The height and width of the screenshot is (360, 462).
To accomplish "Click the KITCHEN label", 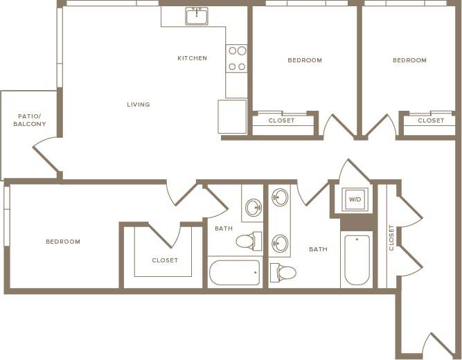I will click(192, 58).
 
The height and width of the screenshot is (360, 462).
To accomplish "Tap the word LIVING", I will click(139, 105).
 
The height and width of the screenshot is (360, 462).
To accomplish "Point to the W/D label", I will click(355, 199).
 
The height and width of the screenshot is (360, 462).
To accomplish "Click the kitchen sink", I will click(197, 16).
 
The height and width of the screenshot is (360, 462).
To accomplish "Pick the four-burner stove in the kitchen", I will click(237, 59).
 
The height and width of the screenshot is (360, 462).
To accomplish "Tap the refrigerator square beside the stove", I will click(232, 116).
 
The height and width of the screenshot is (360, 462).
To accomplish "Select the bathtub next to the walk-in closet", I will click(235, 272).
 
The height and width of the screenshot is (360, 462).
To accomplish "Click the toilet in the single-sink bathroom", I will click(247, 241).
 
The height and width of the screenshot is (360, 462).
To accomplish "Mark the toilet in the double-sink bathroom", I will click(284, 273).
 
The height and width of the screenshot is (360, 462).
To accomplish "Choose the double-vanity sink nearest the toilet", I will click(280, 243).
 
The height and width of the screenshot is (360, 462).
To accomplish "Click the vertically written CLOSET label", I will click(391, 237).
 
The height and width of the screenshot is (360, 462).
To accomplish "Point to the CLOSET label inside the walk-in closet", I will click(165, 260).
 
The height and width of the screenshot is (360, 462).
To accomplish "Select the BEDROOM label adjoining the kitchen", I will click(305, 60).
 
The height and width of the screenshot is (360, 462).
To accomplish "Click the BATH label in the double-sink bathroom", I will click(318, 249).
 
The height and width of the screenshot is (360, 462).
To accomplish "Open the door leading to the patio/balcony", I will click(46, 156).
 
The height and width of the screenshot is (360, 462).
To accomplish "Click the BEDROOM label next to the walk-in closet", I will click(63, 242).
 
